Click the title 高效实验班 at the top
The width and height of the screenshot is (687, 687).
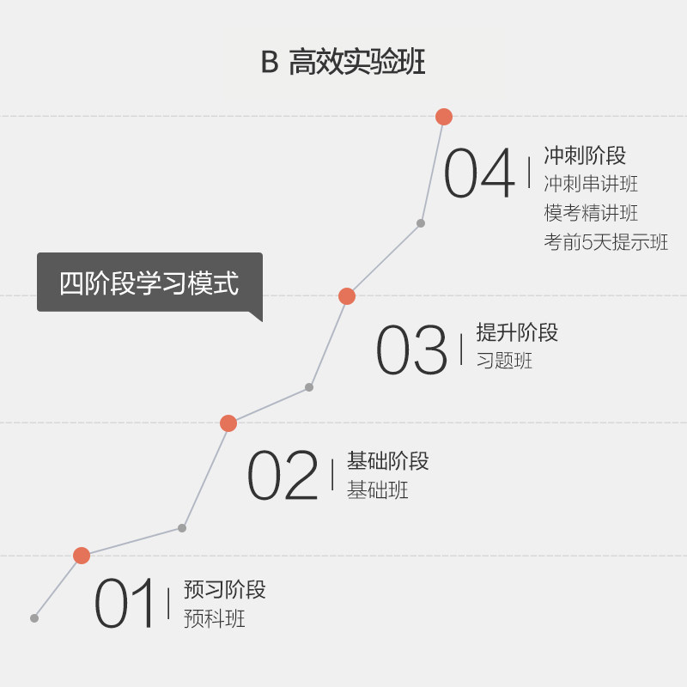click(356, 63)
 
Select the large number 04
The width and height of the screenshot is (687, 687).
click(480, 173)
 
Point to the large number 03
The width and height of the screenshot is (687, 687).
click(412, 350)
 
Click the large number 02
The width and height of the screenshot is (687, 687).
click(283, 476)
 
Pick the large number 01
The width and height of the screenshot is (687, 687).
click(126, 605)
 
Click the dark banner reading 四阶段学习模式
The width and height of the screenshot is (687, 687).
click(149, 283)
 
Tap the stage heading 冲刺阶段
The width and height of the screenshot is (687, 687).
click(585, 155)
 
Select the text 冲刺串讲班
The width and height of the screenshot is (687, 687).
click(591, 184)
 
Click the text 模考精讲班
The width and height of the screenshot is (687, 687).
click(591, 213)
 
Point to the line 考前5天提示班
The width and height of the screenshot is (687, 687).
click(605, 242)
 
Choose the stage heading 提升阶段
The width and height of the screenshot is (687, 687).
click(517, 332)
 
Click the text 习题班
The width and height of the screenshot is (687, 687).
click(504, 361)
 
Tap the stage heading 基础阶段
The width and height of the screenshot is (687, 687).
click(387, 461)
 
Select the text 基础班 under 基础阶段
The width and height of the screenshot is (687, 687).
click(377, 490)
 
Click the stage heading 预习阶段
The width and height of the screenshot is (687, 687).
click(224, 590)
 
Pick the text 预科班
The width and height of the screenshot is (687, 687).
click(214, 618)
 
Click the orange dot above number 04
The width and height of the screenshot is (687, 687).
click(443, 117)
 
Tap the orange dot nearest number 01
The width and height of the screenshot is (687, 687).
click(82, 556)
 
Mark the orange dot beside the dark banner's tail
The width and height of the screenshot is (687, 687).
click(347, 296)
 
